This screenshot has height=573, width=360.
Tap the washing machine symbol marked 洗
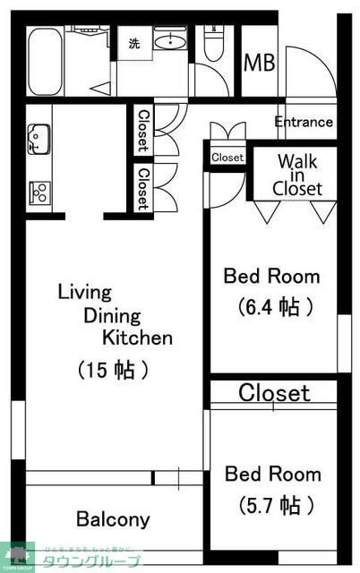(x=133, y=43)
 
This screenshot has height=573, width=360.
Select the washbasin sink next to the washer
(x=168, y=40)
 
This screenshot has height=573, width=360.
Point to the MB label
(x=261, y=64)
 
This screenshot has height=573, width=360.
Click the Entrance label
(x=304, y=122)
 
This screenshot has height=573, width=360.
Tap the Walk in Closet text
(x=297, y=175)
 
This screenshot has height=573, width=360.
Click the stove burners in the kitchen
(x=39, y=190)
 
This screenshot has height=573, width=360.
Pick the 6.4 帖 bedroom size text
(x=277, y=307)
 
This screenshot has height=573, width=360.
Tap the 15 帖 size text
(x=113, y=369)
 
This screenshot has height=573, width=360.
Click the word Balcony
(x=113, y=519)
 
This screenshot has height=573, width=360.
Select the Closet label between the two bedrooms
(x=274, y=392)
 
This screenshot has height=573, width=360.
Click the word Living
(x=84, y=292)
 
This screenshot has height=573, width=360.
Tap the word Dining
(x=114, y=315)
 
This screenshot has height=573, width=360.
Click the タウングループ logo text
(x=98, y=561)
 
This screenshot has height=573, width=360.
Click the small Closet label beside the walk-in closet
(x=227, y=158)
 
